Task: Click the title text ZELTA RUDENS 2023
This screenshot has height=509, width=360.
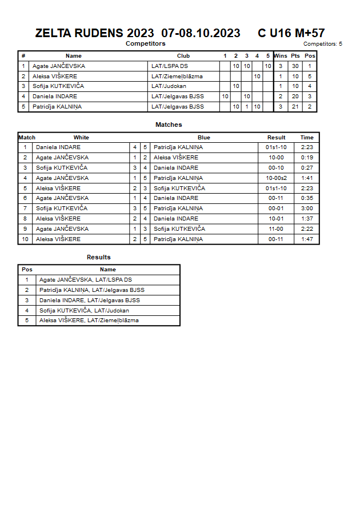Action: [94, 33]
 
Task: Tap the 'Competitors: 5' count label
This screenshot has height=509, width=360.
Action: [322, 43]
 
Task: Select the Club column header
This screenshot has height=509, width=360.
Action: [183, 56]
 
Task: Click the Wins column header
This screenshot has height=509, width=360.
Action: [281, 56]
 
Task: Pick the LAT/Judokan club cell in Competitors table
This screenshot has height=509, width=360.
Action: [169, 86]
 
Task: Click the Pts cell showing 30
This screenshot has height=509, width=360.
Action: [295, 66]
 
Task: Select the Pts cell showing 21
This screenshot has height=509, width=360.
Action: [295, 107]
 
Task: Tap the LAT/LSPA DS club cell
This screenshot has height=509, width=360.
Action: [170, 66]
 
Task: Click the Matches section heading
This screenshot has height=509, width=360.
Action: [169, 125]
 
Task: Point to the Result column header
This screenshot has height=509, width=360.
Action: [277, 138]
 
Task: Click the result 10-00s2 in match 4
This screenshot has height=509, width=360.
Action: [277, 178]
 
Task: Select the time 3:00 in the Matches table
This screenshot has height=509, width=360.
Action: [307, 209]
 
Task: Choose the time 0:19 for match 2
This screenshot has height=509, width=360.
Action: [307, 158]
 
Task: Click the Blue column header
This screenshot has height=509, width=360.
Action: [204, 138]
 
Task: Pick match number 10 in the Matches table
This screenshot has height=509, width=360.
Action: [25, 239]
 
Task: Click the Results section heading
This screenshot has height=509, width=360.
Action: [99, 257]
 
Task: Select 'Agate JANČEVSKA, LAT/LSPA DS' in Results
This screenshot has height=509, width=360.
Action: [86, 280]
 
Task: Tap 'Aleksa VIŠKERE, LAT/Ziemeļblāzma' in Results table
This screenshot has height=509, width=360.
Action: [89, 320]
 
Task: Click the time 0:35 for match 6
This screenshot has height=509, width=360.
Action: [307, 198]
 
